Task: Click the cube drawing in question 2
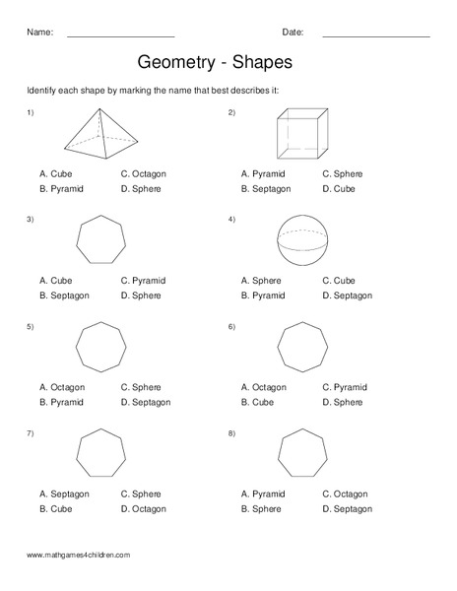[301, 134]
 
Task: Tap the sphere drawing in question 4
[302, 241]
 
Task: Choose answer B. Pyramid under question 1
[61, 188]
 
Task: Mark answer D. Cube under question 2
[338, 188]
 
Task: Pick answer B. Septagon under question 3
[64, 295]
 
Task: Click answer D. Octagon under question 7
[144, 508]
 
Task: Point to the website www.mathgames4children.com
[78, 556]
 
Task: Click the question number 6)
[231, 326]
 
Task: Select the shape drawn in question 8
[302, 454]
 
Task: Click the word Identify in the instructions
[42, 91]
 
